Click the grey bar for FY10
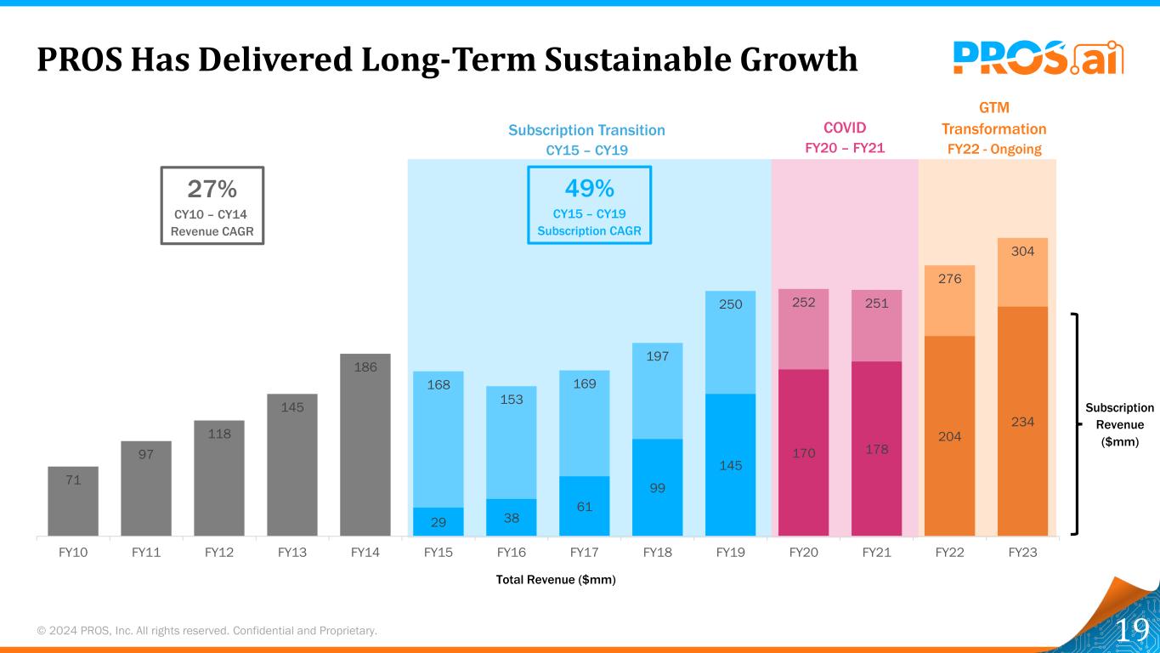point(73,501)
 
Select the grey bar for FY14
point(365,445)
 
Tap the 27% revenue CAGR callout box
point(212,206)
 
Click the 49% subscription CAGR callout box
point(589,205)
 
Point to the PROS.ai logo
point(1038,57)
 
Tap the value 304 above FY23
point(1022,251)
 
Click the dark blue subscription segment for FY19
point(730,464)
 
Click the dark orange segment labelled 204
point(949,435)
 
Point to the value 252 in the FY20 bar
point(803,303)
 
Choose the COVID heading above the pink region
point(845,128)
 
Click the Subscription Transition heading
point(586,130)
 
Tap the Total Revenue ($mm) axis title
point(556,580)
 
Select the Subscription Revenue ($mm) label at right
point(1120,424)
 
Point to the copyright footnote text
point(207,631)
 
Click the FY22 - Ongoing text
point(993,149)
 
